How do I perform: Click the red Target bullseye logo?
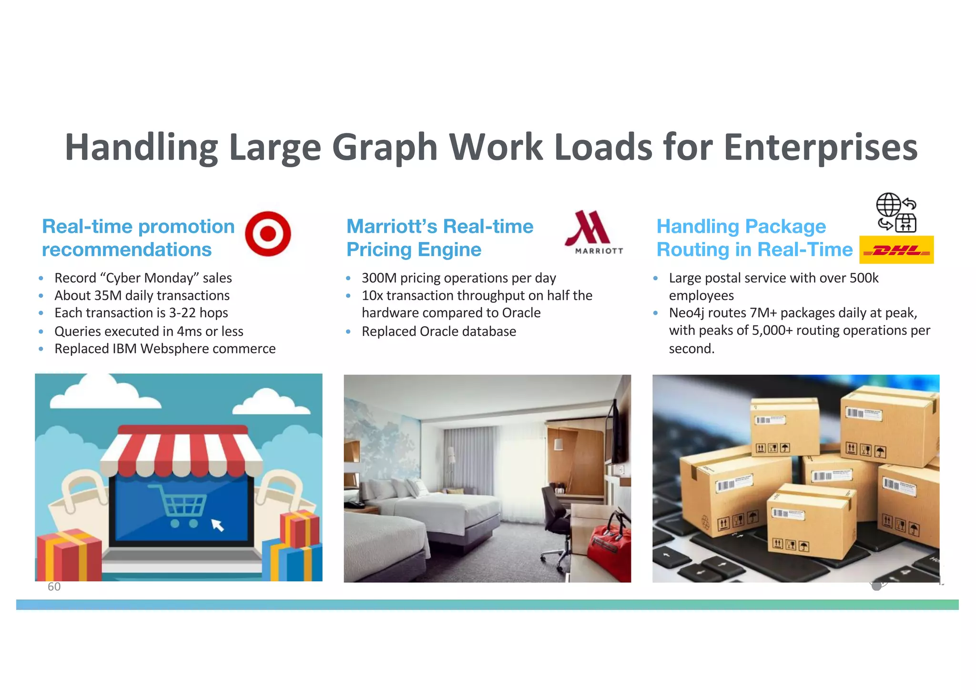tap(268, 233)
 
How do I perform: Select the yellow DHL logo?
tap(896, 250)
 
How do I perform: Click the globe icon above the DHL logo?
tap(888, 205)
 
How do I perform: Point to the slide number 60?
tap(54, 587)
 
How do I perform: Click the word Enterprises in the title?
tap(820, 147)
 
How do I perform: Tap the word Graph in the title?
tap(385, 147)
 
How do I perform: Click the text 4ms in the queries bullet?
tap(190, 331)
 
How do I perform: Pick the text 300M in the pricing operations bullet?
tap(379, 278)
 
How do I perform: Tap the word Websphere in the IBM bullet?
tap(175, 349)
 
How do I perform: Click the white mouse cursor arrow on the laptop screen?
tap(217, 525)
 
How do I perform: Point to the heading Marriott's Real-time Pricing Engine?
tap(439, 238)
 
